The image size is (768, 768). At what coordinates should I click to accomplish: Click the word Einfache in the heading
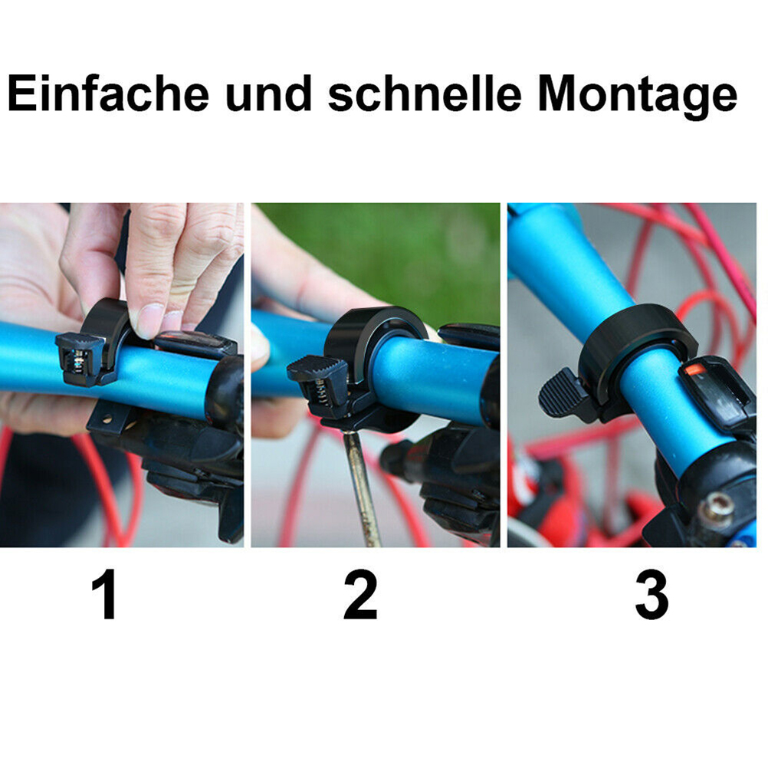coord(108,93)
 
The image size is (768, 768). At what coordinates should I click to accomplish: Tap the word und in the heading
coord(268,93)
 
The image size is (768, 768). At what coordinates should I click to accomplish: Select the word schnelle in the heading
coord(425,93)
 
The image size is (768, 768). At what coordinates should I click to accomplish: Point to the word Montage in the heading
coord(637,97)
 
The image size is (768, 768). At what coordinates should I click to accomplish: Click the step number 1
coord(103,594)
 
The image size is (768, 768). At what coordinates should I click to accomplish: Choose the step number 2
coord(360,594)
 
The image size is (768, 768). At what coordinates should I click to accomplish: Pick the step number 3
coord(651,595)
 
